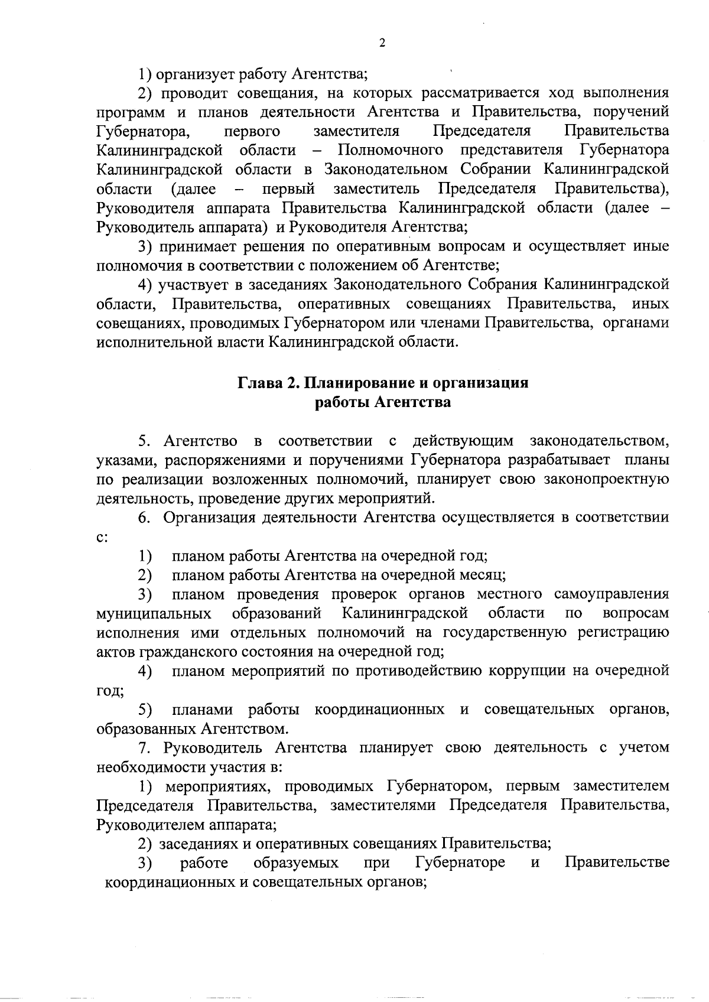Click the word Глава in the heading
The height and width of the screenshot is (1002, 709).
coord(258,383)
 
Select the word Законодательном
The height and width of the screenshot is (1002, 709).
coord(386,170)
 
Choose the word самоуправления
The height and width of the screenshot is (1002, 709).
coord(612,594)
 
